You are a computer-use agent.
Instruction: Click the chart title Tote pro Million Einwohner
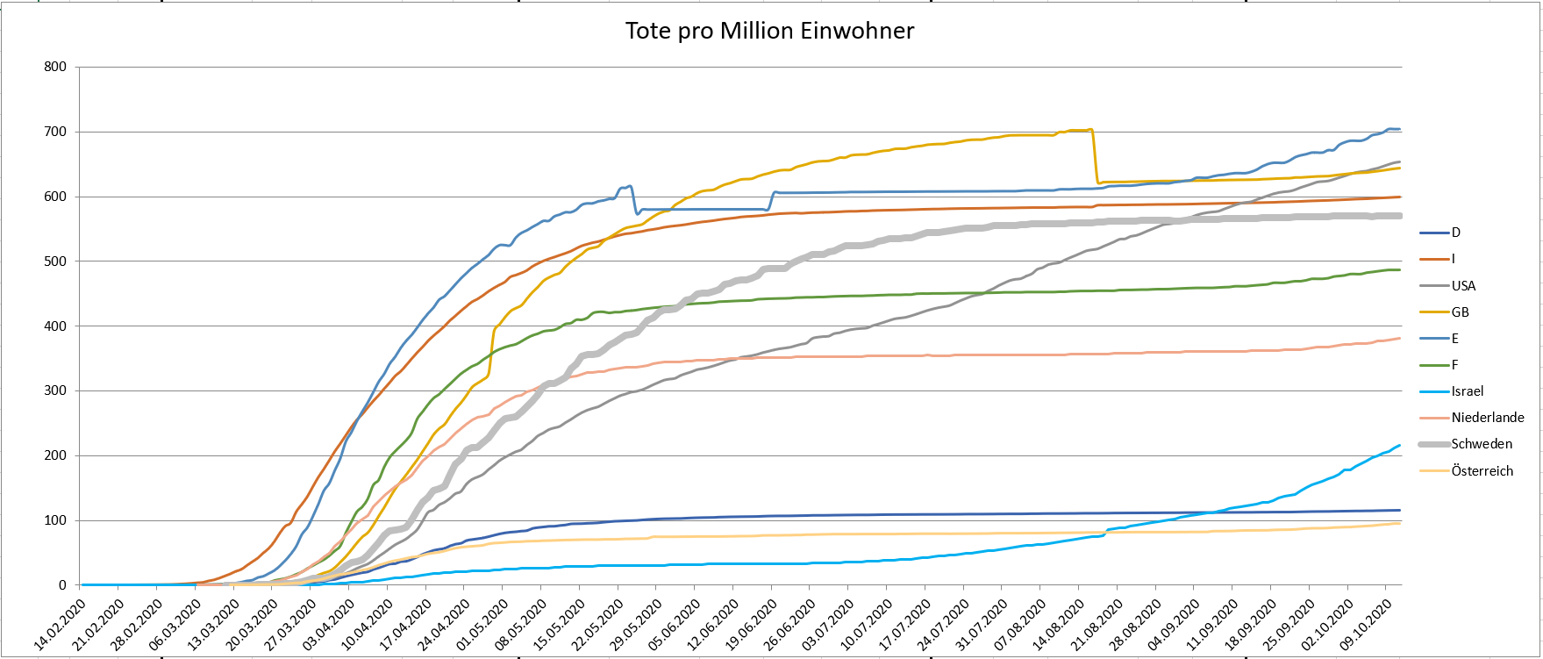tap(769, 32)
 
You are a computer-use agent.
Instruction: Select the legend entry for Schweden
tap(1482, 444)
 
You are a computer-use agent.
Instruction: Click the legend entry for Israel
tap(1468, 391)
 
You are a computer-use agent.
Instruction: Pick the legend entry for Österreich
tap(1482, 471)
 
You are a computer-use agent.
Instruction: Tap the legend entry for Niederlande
tap(1488, 418)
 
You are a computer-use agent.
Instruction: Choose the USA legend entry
tap(1463, 286)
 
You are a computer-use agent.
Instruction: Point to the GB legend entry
tap(1460, 312)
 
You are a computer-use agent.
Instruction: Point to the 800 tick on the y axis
tap(55, 67)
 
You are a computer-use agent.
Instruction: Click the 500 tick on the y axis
tap(55, 261)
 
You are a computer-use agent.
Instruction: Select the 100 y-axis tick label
tap(55, 520)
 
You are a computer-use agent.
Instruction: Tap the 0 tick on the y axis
tap(62, 585)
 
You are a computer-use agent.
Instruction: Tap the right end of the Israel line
tap(1399, 446)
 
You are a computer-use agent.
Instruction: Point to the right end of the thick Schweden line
tap(1399, 216)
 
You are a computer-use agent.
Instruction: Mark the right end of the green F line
tap(1399, 269)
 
